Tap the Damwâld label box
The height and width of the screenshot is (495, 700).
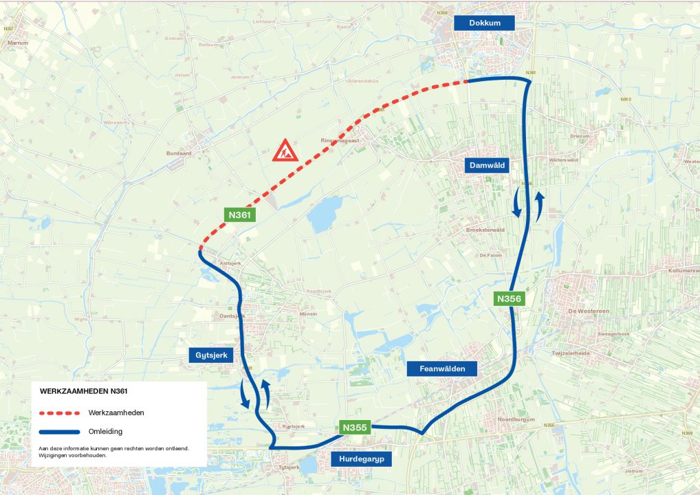(x=488, y=166)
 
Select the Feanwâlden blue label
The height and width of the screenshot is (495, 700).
(x=441, y=369)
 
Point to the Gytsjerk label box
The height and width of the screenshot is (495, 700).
(x=211, y=355)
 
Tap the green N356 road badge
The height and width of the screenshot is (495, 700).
(x=510, y=299)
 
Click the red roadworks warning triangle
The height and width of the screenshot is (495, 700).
(x=284, y=150)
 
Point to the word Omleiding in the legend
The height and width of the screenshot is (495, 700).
(x=105, y=432)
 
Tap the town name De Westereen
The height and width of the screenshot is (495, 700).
(x=589, y=311)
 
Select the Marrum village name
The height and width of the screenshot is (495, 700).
(x=17, y=43)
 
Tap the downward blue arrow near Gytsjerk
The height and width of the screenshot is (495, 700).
(x=245, y=394)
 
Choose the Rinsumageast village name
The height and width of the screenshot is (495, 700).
(x=340, y=140)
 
